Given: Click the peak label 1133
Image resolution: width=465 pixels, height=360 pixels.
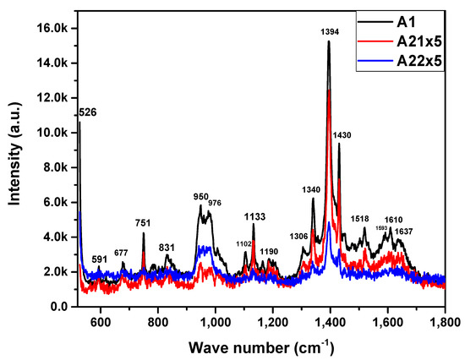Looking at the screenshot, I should pyautogui.click(x=254, y=216).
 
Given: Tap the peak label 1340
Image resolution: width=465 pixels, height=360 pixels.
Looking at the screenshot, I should pyautogui.click(x=312, y=189).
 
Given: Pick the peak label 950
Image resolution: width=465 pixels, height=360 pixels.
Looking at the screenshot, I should pyautogui.click(x=200, y=195).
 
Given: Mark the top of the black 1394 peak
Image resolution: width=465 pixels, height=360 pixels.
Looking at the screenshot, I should pyautogui.click(x=329, y=41).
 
